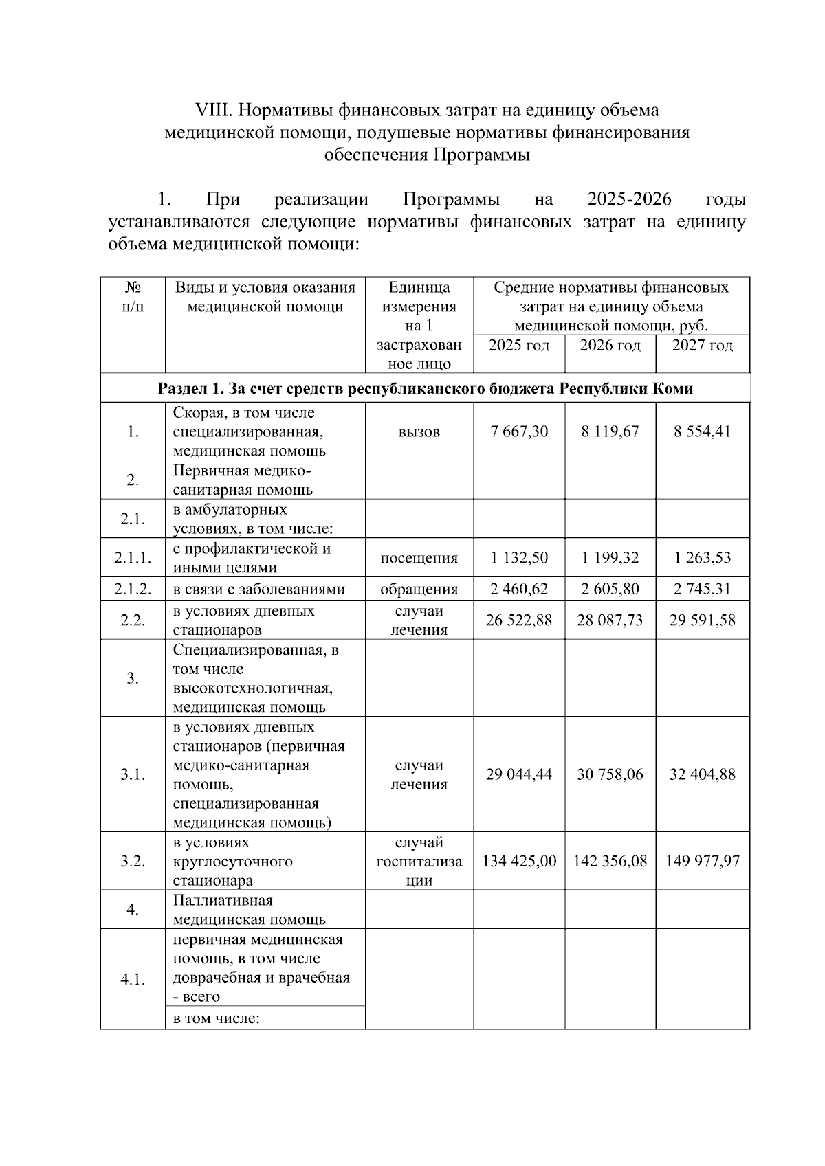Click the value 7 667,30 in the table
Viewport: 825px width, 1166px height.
(519, 431)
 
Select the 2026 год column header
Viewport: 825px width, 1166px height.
(610, 345)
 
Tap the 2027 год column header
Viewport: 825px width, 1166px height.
(702, 345)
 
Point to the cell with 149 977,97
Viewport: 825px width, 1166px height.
(702, 861)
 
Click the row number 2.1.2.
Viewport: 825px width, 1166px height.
(133, 589)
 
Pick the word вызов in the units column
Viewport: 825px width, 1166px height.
(419, 431)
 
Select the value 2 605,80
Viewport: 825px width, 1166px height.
(610, 589)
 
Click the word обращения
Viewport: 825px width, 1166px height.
(419, 589)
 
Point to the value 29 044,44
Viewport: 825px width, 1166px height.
(519, 774)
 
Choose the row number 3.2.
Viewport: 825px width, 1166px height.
(133, 861)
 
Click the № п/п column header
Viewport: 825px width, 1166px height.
(133, 297)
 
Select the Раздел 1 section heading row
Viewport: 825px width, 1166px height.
(425, 388)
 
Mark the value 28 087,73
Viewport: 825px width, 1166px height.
(610, 620)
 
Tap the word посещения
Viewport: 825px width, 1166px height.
(419, 558)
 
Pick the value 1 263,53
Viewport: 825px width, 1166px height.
(702, 558)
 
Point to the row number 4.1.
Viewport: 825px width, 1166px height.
(133, 980)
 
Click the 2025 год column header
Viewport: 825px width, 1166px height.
(519, 345)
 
